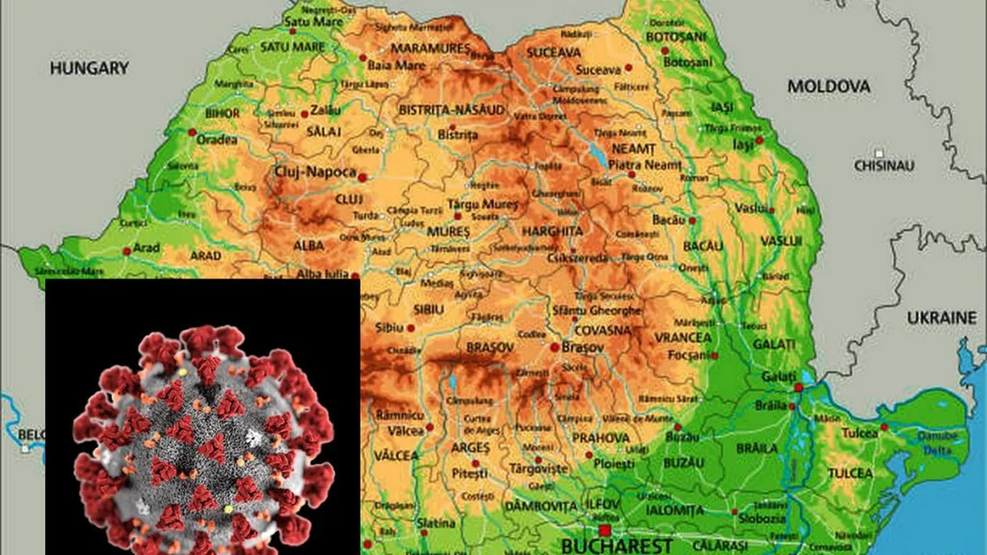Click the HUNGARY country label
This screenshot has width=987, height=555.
[x=89, y=69]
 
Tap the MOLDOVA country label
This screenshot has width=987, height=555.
[x=829, y=86]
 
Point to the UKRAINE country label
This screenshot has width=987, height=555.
[x=942, y=319]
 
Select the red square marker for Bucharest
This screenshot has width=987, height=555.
[x=605, y=530]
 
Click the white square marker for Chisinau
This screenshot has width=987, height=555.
[x=880, y=153]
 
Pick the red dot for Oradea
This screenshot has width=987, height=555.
[x=193, y=132]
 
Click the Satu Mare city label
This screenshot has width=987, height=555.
[x=302, y=21]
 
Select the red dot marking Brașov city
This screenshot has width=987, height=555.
[x=555, y=347]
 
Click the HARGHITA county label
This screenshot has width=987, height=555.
[x=552, y=232]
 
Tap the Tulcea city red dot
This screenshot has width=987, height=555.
[x=884, y=427]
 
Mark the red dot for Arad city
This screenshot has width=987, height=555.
[x=127, y=251]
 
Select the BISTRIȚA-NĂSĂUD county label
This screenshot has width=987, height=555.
[x=451, y=110]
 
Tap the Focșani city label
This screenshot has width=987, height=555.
[x=688, y=355]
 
